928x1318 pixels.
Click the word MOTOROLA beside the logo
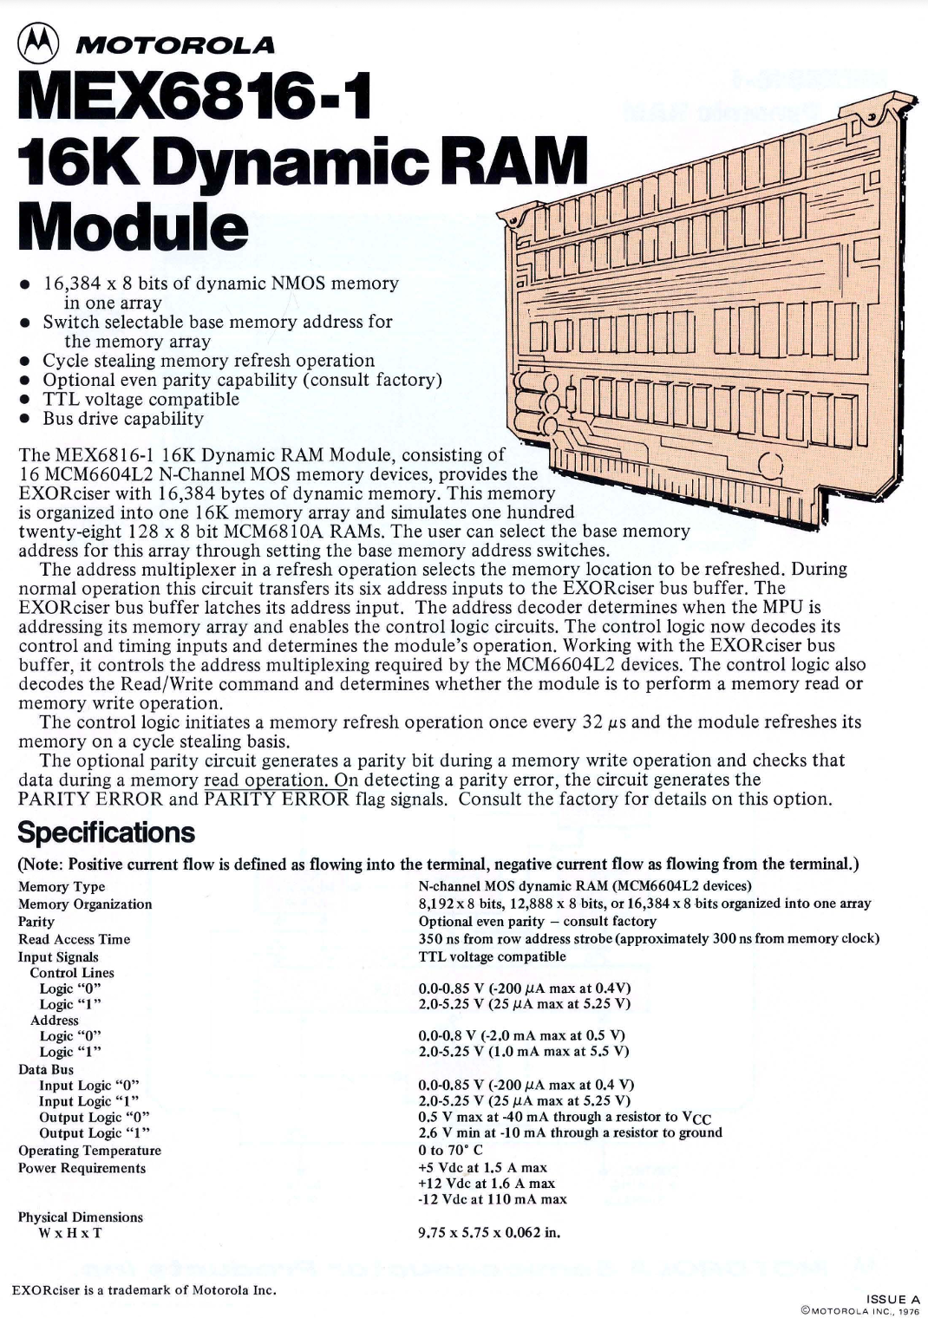click(x=175, y=44)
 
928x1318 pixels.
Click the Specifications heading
click(x=107, y=832)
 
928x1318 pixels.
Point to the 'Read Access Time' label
click(x=75, y=939)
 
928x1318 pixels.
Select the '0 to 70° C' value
click(x=450, y=1150)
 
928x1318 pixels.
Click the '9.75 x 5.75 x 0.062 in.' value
click(x=489, y=1232)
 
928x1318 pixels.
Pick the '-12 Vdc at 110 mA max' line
click(x=492, y=1199)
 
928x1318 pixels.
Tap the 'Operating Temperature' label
click(x=90, y=1151)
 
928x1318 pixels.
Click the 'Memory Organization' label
click(x=85, y=904)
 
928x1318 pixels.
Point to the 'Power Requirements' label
click(x=82, y=1168)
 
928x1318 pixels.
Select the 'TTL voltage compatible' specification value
click(x=492, y=956)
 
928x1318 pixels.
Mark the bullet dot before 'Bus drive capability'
click(x=26, y=420)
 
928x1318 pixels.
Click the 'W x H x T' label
click(x=69, y=1233)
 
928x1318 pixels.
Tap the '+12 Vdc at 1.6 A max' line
click(x=487, y=1183)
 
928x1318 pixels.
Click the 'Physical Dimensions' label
click(x=81, y=1217)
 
